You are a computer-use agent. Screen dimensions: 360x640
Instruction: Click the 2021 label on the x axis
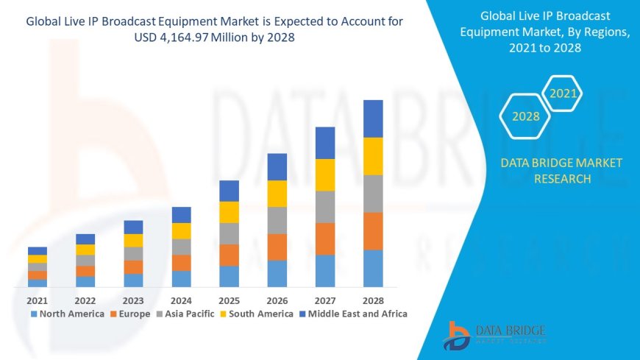click(37, 300)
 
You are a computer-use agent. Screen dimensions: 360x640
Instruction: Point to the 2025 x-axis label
click(229, 300)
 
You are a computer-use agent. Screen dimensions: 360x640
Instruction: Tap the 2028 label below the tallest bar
click(373, 300)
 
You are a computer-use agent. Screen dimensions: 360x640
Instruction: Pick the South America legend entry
click(257, 314)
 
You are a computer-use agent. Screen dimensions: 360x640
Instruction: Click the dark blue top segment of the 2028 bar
click(373, 119)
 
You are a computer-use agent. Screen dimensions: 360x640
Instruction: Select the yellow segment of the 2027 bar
click(325, 175)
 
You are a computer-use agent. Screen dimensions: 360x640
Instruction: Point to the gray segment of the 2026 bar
click(277, 220)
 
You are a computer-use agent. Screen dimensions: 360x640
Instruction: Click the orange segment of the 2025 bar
click(229, 255)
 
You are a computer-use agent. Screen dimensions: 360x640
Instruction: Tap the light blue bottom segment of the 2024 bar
click(181, 278)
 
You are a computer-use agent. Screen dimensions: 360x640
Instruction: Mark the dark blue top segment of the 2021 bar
click(37, 250)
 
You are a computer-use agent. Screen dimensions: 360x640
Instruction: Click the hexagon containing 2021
click(563, 93)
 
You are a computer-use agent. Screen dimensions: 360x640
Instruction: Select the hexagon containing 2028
click(525, 116)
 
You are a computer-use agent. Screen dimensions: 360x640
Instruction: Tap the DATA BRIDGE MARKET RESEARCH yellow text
click(561, 170)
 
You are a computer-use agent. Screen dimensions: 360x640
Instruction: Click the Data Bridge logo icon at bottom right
click(458, 335)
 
